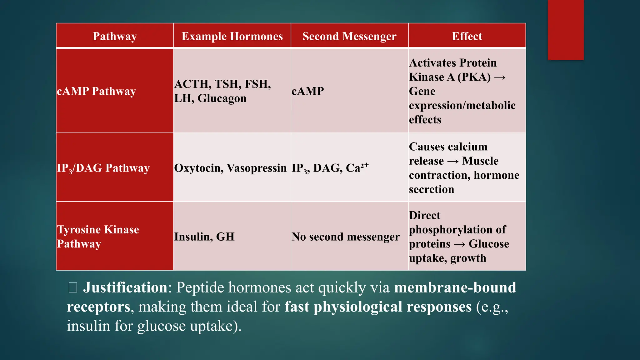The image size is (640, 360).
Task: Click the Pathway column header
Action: [x=115, y=36]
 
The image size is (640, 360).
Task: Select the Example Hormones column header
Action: [x=232, y=36]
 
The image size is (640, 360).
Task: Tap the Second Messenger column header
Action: [x=349, y=36]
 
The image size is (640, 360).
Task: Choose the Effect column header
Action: [x=467, y=36]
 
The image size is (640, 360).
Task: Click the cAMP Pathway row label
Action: [x=97, y=91]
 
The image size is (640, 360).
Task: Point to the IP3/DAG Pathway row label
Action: [x=103, y=168]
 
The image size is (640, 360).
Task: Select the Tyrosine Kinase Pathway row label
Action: [x=98, y=237]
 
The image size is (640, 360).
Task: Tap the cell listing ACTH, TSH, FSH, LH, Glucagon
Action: [x=222, y=91]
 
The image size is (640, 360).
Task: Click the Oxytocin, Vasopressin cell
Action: [x=230, y=168]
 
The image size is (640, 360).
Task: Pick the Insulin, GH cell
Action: [x=204, y=237]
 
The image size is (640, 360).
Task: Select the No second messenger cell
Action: [x=346, y=237]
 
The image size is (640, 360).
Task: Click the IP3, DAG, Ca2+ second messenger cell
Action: [x=330, y=168]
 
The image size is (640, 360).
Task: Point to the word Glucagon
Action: [x=222, y=98]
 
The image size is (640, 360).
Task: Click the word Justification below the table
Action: [x=125, y=287]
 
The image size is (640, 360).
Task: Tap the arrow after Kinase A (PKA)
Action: [x=500, y=77]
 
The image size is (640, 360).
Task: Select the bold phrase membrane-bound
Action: [x=455, y=287]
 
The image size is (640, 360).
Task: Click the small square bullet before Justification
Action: [x=73, y=287]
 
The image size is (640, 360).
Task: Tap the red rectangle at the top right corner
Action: [x=566, y=30]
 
